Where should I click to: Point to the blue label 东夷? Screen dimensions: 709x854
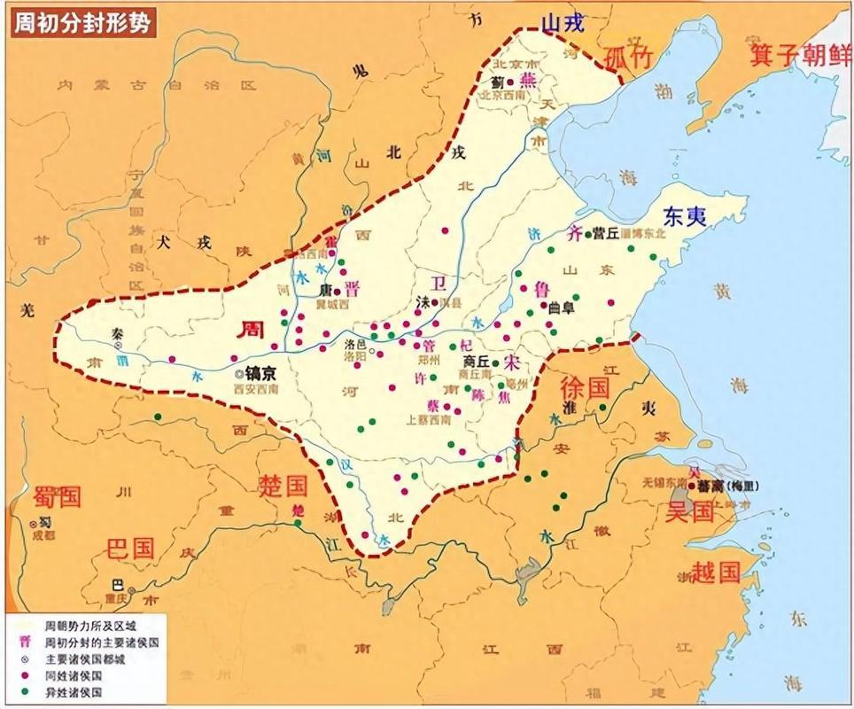[x=685, y=215]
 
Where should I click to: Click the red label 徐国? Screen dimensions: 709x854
[x=586, y=386]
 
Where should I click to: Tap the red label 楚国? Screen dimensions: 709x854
[x=283, y=485]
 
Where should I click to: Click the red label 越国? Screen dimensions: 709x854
[x=716, y=571]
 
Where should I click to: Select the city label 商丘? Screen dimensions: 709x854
[x=477, y=362]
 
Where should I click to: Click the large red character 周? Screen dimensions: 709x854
[x=252, y=329]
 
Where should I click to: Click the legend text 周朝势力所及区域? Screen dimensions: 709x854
[x=85, y=626]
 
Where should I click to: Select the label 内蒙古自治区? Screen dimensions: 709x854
[x=156, y=85]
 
